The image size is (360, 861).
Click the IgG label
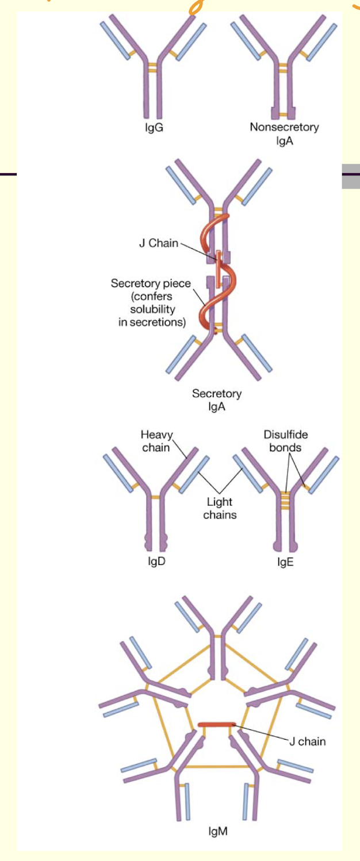(x=154, y=128)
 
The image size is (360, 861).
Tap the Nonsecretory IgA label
(x=284, y=133)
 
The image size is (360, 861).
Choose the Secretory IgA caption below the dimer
(x=217, y=400)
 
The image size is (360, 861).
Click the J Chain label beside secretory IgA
(x=159, y=243)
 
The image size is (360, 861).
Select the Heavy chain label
(x=156, y=441)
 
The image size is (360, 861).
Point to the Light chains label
(x=220, y=509)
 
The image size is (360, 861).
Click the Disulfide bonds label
(x=285, y=441)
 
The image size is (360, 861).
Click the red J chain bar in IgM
(x=216, y=724)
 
